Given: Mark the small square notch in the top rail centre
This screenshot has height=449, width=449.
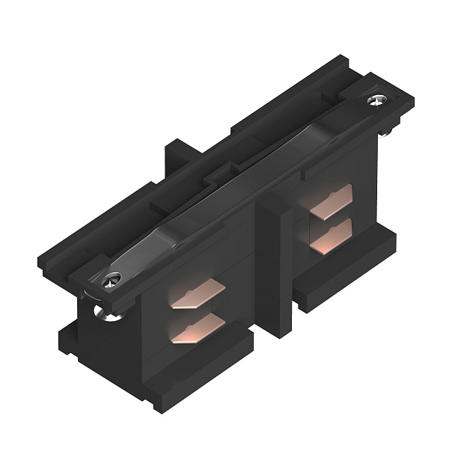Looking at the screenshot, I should point(218,177).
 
